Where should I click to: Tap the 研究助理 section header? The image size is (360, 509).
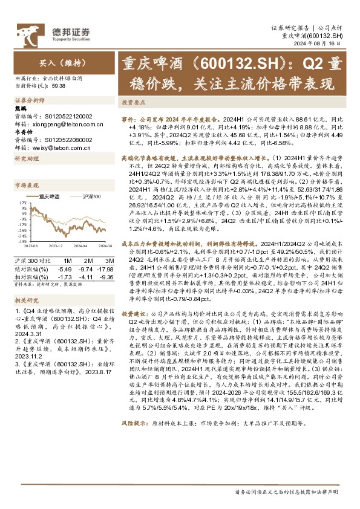(x=27, y=159)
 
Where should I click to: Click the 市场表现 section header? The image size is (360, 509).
(x=27, y=186)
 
